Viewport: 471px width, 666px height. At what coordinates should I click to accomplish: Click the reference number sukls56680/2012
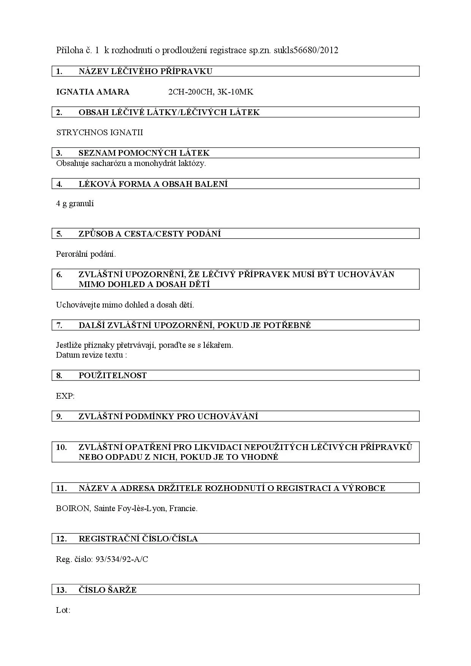tap(306, 50)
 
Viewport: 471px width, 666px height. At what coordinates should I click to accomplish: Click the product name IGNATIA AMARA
tap(93, 92)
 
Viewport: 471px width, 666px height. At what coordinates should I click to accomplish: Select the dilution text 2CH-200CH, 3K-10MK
tap(210, 92)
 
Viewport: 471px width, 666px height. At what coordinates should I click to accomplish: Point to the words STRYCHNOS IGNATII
tap(100, 133)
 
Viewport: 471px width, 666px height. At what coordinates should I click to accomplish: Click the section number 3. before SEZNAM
tap(59, 153)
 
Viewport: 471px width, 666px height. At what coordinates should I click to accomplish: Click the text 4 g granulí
tap(75, 204)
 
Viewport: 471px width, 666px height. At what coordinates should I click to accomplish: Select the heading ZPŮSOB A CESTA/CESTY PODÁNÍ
tap(149, 234)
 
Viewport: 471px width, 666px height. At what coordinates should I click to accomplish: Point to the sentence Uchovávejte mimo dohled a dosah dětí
tap(125, 305)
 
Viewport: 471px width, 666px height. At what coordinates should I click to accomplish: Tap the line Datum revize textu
tap(91, 355)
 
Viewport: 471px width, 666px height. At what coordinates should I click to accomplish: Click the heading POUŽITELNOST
tap(112, 376)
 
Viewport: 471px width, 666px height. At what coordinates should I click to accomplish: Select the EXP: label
tap(65, 396)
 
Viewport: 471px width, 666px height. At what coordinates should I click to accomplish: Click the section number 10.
tap(61, 447)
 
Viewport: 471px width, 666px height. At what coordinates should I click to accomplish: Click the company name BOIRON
tap(73, 508)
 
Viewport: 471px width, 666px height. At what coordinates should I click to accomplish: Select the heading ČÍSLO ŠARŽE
tap(107, 590)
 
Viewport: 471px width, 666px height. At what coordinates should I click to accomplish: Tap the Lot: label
tap(63, 610)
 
